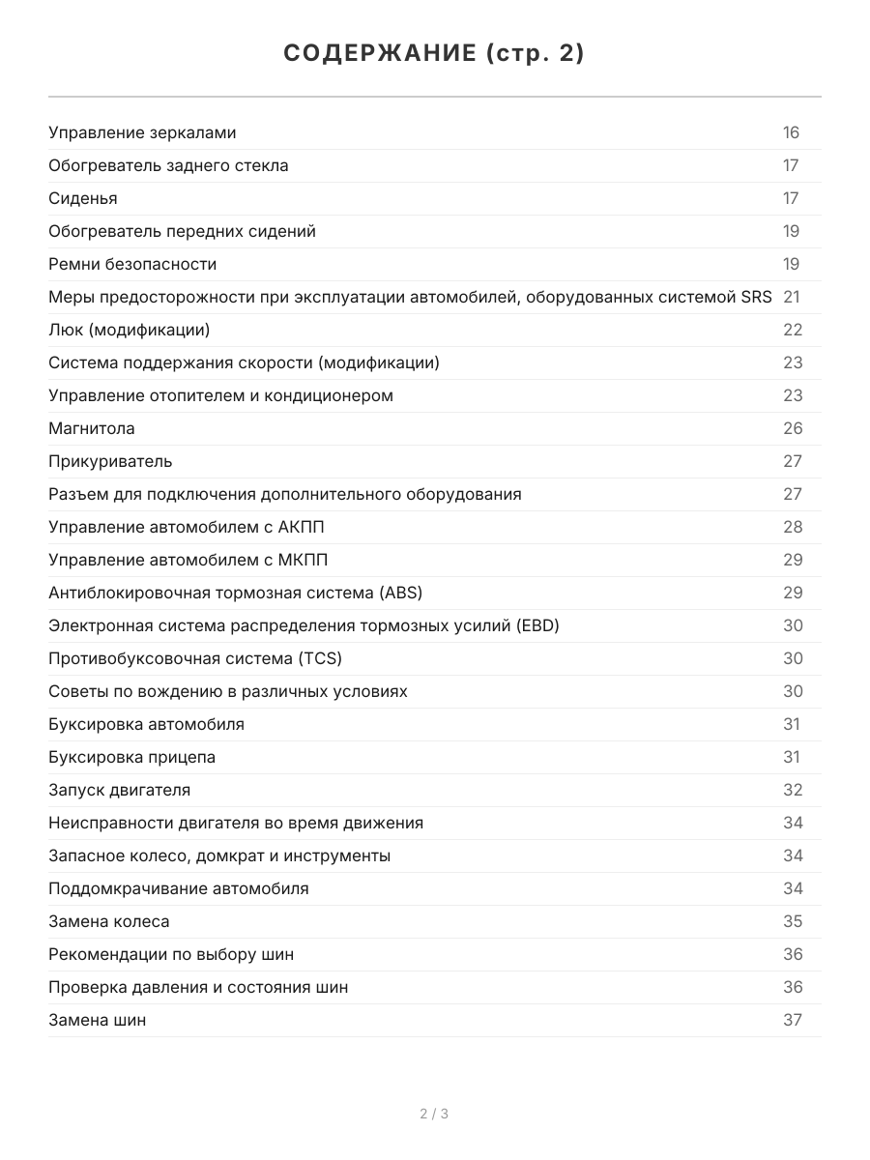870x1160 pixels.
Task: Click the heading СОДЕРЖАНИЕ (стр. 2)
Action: pos(434,54)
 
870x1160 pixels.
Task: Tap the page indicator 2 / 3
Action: pos(434,1114)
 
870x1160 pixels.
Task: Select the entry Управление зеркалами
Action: pos(142,132)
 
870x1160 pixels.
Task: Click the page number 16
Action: pos(792,132)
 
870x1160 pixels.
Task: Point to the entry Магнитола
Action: pos(92,428)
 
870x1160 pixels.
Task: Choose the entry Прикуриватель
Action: pos(110,461)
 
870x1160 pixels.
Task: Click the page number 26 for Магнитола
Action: pos(793,428)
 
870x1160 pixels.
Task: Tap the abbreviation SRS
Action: pos(756,297)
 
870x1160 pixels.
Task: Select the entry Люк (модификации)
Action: pos(130,330)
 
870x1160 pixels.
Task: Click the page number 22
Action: pos(793,330)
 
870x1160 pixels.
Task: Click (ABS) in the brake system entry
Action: pos(400,593)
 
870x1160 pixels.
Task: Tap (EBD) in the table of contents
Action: pos(537,625)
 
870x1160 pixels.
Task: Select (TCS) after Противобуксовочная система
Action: pos(320,658)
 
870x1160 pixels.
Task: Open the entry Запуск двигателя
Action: pos(119,790)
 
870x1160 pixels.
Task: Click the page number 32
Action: pos(793,790)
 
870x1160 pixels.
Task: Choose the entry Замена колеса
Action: pos(109,921)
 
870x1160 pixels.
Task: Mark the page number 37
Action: pos(793,1020)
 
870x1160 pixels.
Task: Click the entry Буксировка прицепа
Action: pos(132,757)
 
